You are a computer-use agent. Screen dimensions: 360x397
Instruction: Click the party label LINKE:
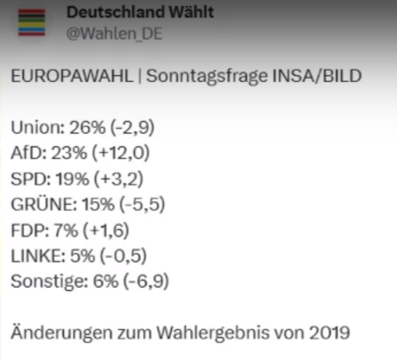[x=34, y=255]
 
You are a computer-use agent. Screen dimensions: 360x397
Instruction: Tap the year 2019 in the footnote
[x=332, y=333]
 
